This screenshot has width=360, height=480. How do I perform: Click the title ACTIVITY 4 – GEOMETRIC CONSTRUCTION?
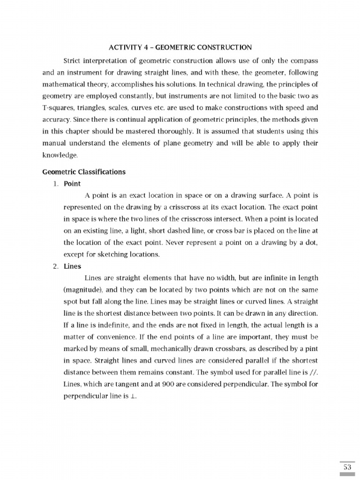pos(180,47)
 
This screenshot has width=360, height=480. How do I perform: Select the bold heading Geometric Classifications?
pos(84,172)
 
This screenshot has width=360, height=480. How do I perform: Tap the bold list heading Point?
pos(72,183)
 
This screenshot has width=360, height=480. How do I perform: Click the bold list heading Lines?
pos(73,266)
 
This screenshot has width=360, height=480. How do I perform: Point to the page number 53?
pos(347,467)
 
